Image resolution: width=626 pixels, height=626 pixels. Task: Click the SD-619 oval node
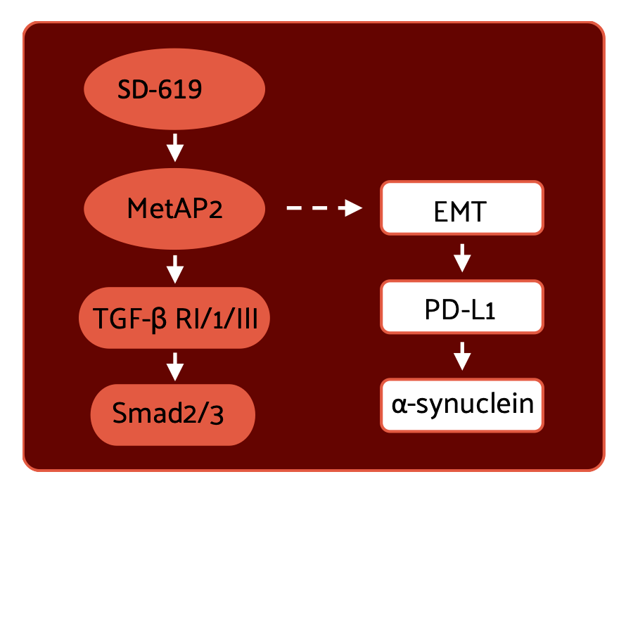point(174,89)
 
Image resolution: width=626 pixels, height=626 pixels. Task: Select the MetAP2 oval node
point(174,208)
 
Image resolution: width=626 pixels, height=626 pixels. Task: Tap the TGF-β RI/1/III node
point(174,318)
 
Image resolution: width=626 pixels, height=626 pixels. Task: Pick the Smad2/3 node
point(172,414)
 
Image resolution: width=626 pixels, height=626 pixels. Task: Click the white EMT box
point(461,208)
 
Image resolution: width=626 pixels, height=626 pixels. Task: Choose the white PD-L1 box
point(461,307)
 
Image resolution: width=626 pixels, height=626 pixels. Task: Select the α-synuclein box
point(461,405)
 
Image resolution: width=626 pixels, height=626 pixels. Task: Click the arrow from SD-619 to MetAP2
point(174,148)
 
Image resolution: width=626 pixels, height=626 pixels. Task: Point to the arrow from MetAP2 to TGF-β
point(174,268)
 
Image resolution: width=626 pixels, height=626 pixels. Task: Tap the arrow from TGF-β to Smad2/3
point(174,366)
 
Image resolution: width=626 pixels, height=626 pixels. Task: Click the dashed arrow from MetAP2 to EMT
point(324,208)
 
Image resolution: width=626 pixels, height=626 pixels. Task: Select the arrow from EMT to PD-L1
point(461,257)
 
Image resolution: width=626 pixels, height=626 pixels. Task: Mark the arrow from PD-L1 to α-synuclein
point(461,356)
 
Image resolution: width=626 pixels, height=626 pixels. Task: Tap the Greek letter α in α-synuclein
point(400,405)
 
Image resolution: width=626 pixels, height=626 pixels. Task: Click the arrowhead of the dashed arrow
point(351,208)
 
